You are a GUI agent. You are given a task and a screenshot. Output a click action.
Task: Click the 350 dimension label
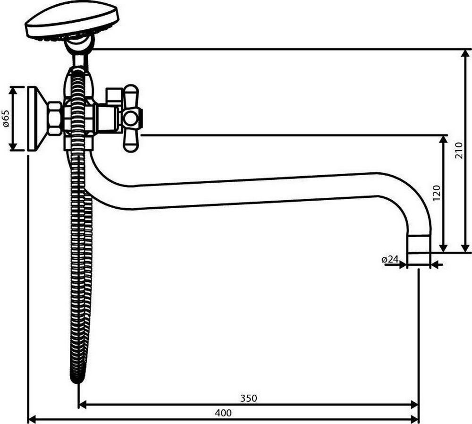(249, 398)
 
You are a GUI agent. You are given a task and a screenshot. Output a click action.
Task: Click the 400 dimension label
(223, 413)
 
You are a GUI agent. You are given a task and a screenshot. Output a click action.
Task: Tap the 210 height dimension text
(458, 151)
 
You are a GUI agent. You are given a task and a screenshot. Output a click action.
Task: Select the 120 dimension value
(436, 193)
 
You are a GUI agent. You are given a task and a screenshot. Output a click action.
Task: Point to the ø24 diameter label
(390, 259)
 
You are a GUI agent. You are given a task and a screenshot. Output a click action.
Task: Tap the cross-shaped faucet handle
(132, 118)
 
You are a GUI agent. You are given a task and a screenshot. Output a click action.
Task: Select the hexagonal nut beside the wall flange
(55, 118)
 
